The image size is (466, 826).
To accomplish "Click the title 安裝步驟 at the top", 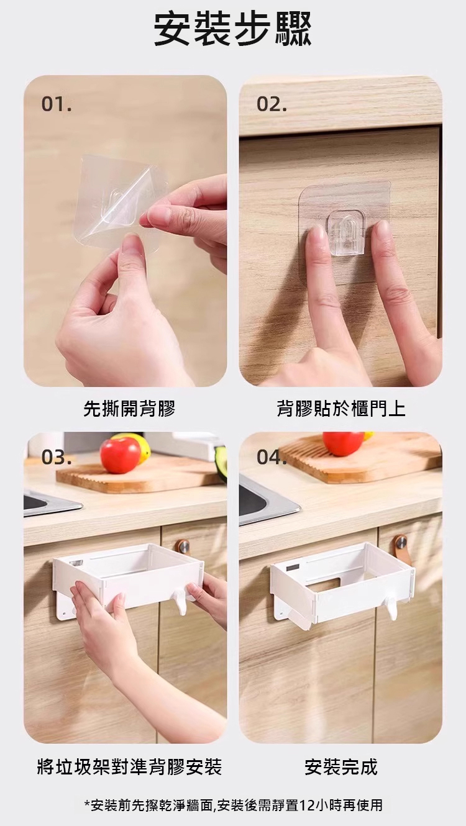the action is [232, 29].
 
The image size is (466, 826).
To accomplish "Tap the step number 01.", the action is [56, 104].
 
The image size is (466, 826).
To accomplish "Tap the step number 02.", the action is [271, 105].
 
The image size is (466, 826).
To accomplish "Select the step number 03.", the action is [57, 458].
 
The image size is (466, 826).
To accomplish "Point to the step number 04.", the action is [272, 458].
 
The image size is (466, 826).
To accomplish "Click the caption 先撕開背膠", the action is [129, 409].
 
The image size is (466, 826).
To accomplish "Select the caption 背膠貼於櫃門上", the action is [340, 409].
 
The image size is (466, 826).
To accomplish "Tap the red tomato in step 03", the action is [121, 455].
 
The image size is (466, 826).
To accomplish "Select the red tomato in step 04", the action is [343, 444].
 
